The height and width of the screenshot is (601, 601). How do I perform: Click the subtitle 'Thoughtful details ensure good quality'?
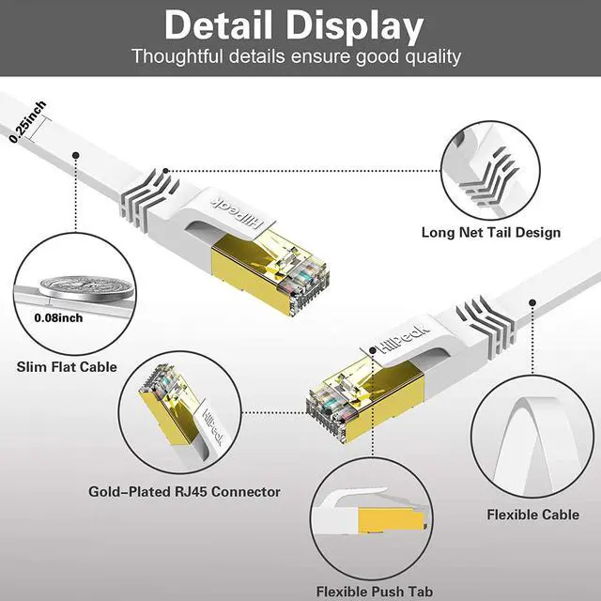pyautogui.click(x=297, y=56)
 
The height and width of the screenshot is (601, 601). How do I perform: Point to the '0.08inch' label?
pyautogui.click(x=57, y=317)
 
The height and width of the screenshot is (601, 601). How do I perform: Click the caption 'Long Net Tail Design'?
pyautogui.click(x=503, y=232)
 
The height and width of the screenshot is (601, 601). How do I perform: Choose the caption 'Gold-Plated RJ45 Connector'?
pyautogui.click(x=184, y=491)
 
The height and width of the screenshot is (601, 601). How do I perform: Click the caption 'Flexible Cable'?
pyautogui.click(x=532, y=514)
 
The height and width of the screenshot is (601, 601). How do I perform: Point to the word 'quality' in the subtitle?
pyautogui.click(x=427, y=56)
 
